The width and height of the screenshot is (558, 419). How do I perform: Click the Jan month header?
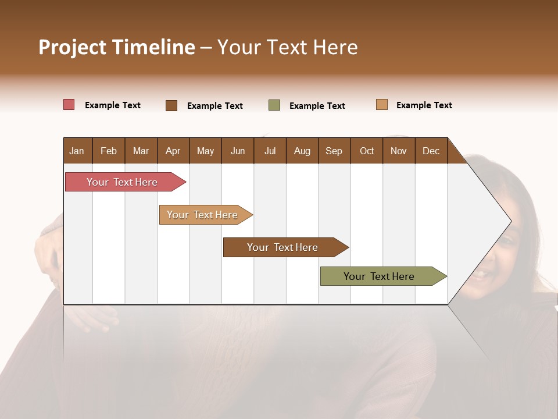coord(77,151)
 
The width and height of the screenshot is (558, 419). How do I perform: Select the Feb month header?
coord(109,151)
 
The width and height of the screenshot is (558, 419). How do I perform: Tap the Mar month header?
coord(141,151)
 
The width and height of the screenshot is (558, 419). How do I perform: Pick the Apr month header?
coord(173,151)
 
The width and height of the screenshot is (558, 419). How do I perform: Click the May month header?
coord(205,151)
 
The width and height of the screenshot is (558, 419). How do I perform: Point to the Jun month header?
coord(238,151)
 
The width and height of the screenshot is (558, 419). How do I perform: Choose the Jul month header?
coord(270,151)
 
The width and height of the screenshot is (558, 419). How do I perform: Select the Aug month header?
coord(302,151)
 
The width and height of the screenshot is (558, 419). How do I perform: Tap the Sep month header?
coord(334,151)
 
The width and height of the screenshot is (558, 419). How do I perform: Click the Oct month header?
coord(367,151)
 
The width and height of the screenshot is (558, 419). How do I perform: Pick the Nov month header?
coord(399,151)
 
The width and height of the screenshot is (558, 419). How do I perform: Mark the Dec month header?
coord(431,151)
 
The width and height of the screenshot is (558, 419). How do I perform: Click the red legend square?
coord(69,105)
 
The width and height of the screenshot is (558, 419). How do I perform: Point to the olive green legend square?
coord(274,105)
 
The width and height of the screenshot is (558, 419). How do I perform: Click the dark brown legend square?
coord(171,105)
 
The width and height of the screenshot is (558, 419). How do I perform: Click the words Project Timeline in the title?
coord(117,47)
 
